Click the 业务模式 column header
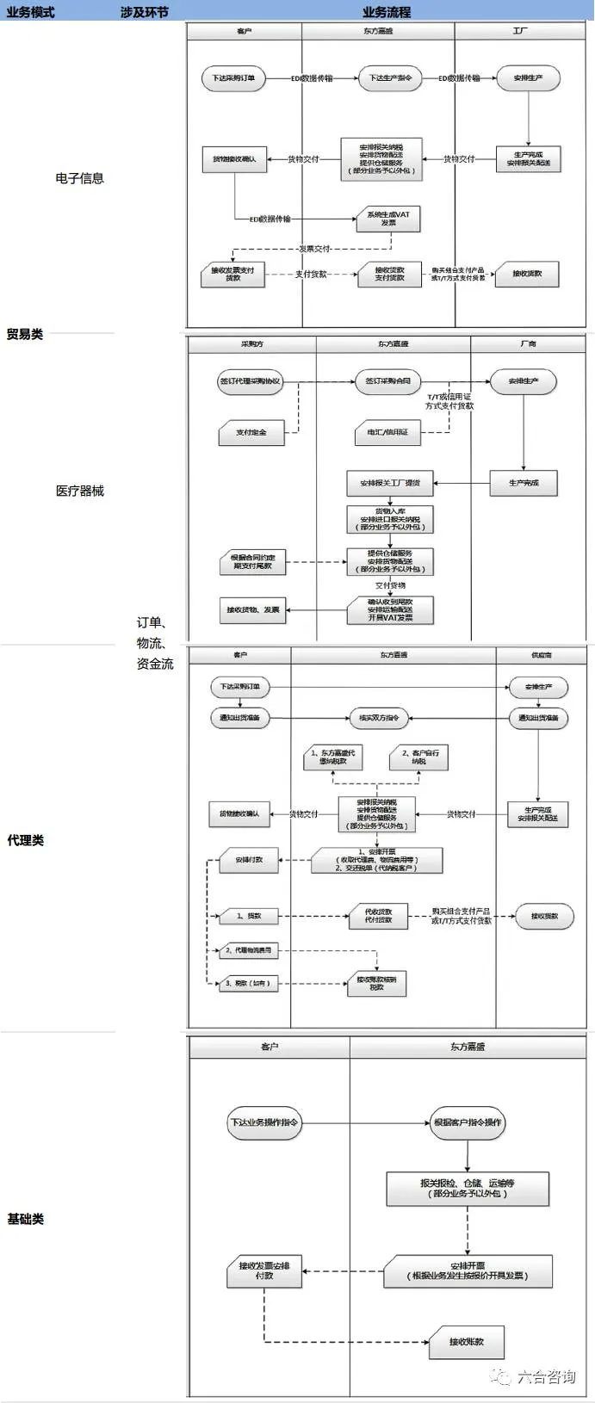pos(30,12)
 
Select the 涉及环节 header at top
pos(145,12)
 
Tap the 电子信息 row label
pos(79,178)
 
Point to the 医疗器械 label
pos(79,491)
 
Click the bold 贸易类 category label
pos(25,334)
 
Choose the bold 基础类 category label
pos(25,1219)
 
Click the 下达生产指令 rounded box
pos(390,78)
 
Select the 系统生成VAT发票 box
pos(388,219)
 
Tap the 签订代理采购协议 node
pos(250,381)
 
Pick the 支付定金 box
pos(251,432)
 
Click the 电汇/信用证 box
pos(387,432)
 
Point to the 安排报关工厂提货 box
pos(390,483)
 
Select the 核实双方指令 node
pos(380,718)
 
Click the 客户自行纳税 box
pos(419,757)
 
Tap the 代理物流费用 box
pos(248,950)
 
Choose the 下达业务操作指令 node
pos(263,1122)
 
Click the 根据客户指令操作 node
pos(468,1122)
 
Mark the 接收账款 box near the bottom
pos(466,1341)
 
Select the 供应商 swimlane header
pos(542,656)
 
